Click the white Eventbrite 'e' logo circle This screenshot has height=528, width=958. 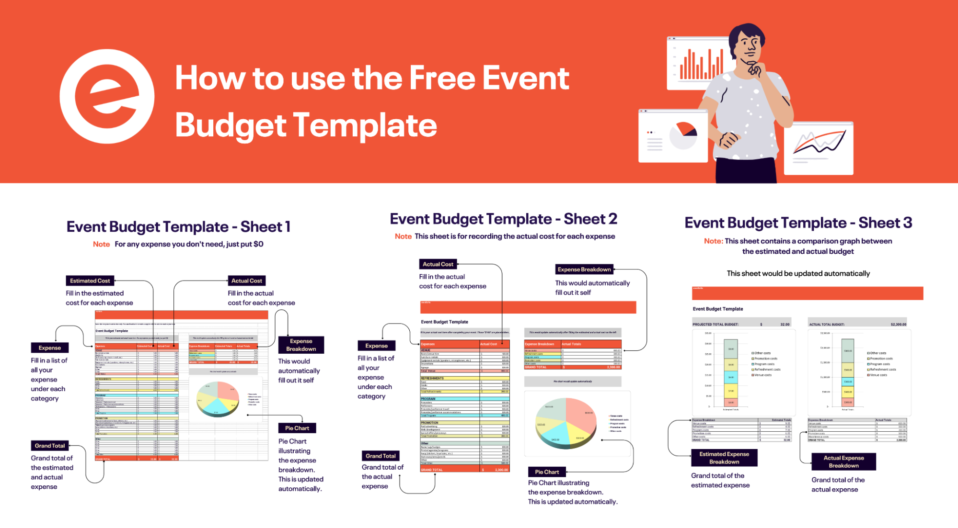[x=107, y=96]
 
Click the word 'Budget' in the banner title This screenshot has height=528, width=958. [x=230, y=125]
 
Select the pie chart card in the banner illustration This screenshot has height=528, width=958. [x=673, y=136]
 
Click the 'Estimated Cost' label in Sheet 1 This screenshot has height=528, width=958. [x=90, y=281]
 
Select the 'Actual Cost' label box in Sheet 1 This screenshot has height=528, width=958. [x=246, y=281]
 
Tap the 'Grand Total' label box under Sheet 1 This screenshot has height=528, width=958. [x=49, y=446]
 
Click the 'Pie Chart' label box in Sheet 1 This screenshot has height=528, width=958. [x=297, y=428]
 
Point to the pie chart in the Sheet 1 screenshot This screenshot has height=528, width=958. [x=218, y=398]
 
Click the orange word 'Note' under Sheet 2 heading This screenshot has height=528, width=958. [x=403, y=236]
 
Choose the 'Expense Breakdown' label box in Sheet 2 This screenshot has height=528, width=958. [x=584, y=270]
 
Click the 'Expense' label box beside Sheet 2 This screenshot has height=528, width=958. [x=376, y=346]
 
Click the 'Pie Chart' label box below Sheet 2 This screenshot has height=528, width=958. [x=547, y=472]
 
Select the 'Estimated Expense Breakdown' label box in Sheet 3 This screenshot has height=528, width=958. [x=724, y=458]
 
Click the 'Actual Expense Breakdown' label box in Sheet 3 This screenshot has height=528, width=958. [x=843, y=462]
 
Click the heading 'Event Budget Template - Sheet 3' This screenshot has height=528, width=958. [x=798, y=223]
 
